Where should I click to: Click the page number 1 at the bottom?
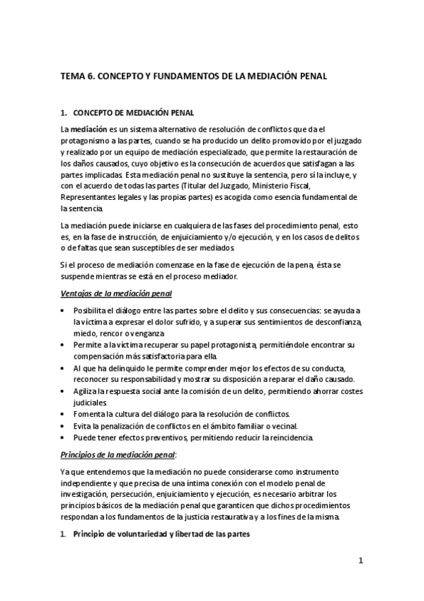point(360,561)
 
